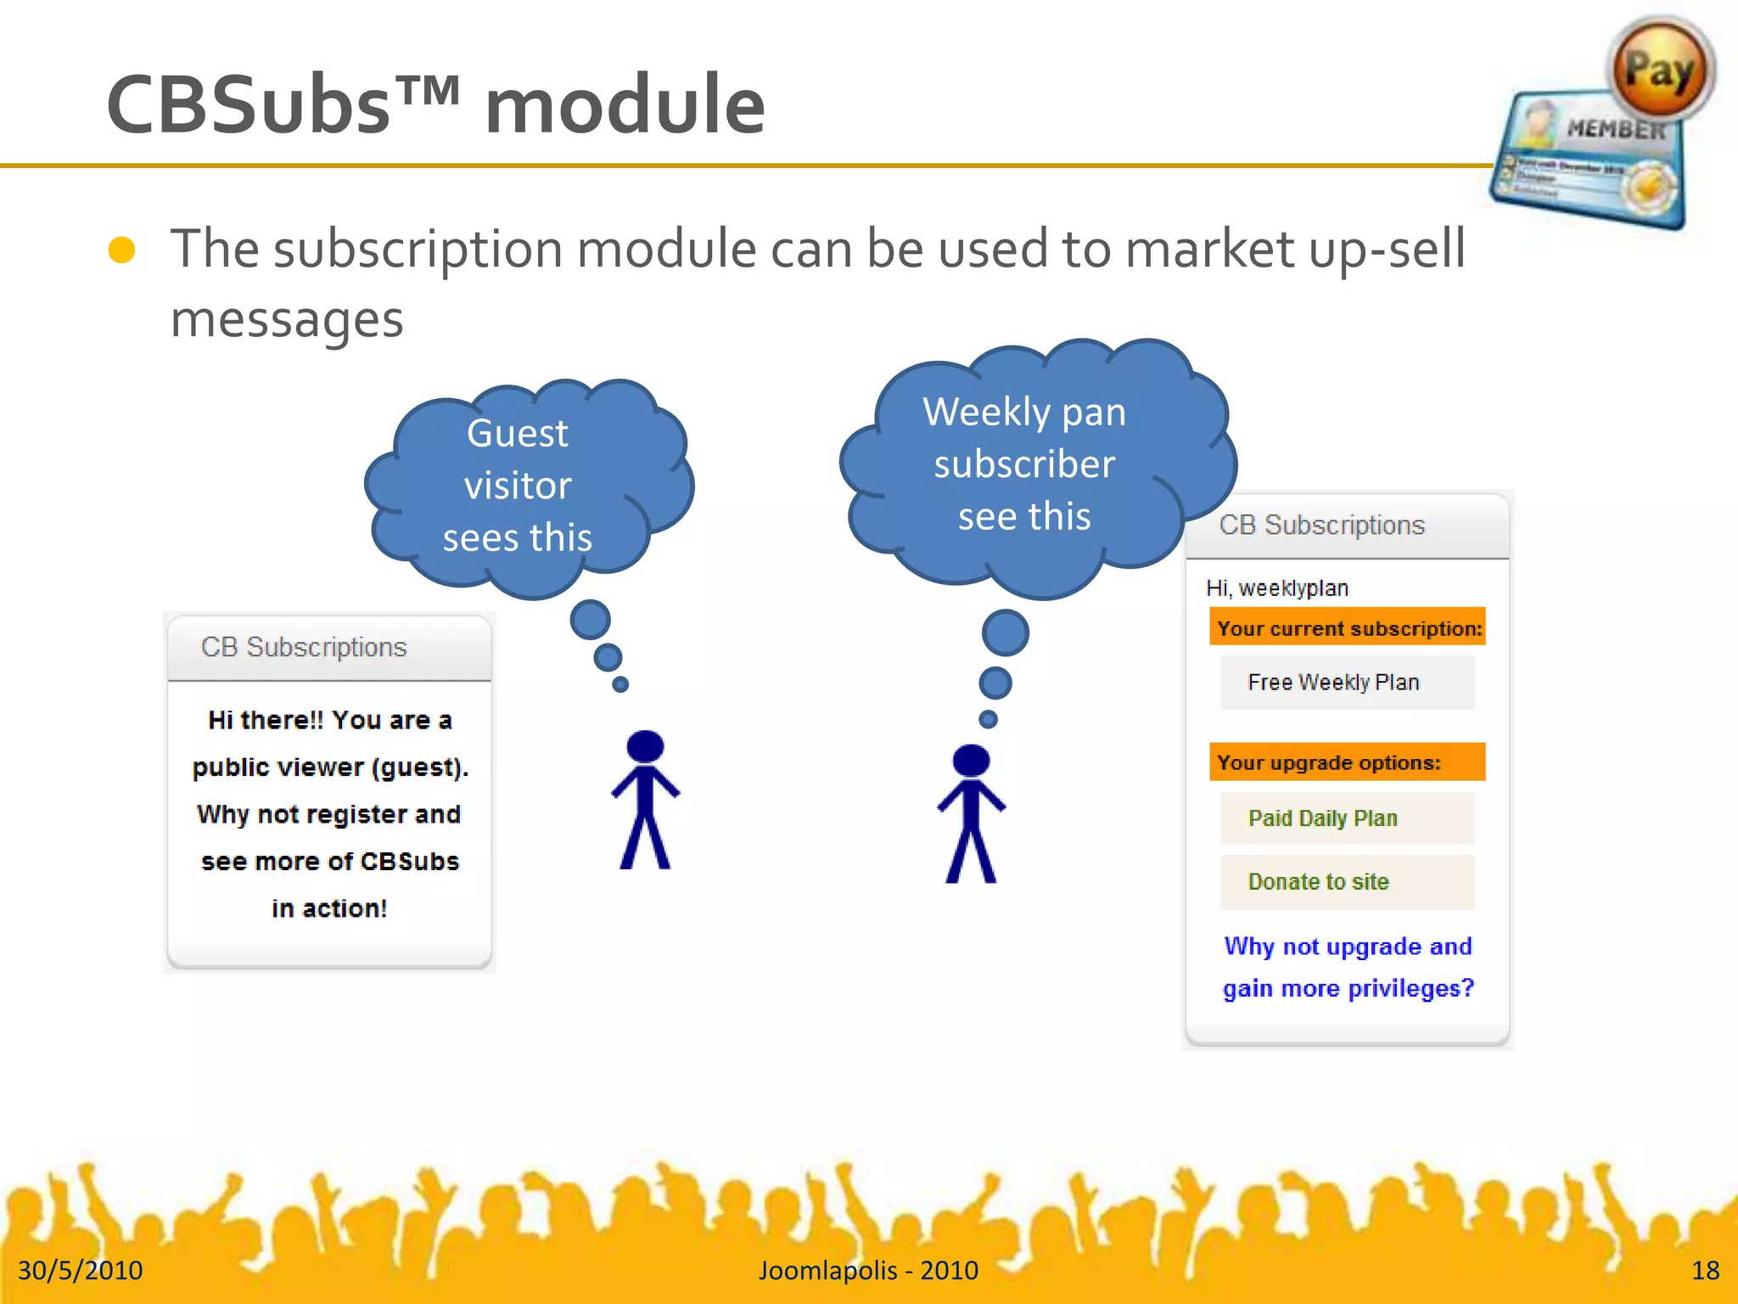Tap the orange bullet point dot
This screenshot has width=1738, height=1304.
click(122, 250)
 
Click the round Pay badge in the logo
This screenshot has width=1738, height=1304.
click(1660, 70)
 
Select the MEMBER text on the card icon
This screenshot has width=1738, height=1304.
click(1615, 129)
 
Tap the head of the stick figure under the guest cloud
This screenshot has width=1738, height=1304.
click(645, 746)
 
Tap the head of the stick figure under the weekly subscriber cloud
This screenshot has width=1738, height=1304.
click(971, 761)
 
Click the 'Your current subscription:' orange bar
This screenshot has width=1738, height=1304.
click(1348, 628)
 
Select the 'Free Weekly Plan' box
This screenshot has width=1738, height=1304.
click(1348, 683)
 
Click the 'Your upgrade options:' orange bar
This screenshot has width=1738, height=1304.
click(1348, 762)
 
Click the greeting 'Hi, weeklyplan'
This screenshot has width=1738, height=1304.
click(1277, 588)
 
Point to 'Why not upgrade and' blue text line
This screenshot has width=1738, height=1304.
click(1348, 947)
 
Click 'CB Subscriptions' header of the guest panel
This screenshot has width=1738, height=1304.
click(304, 648)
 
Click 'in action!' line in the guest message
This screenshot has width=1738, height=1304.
click(329, 908)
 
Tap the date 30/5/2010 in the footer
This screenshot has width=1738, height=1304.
click(81, 1270)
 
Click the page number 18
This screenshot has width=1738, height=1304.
click(1704, 1270)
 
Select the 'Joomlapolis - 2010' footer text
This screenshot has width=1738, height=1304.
click(868, 1270)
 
